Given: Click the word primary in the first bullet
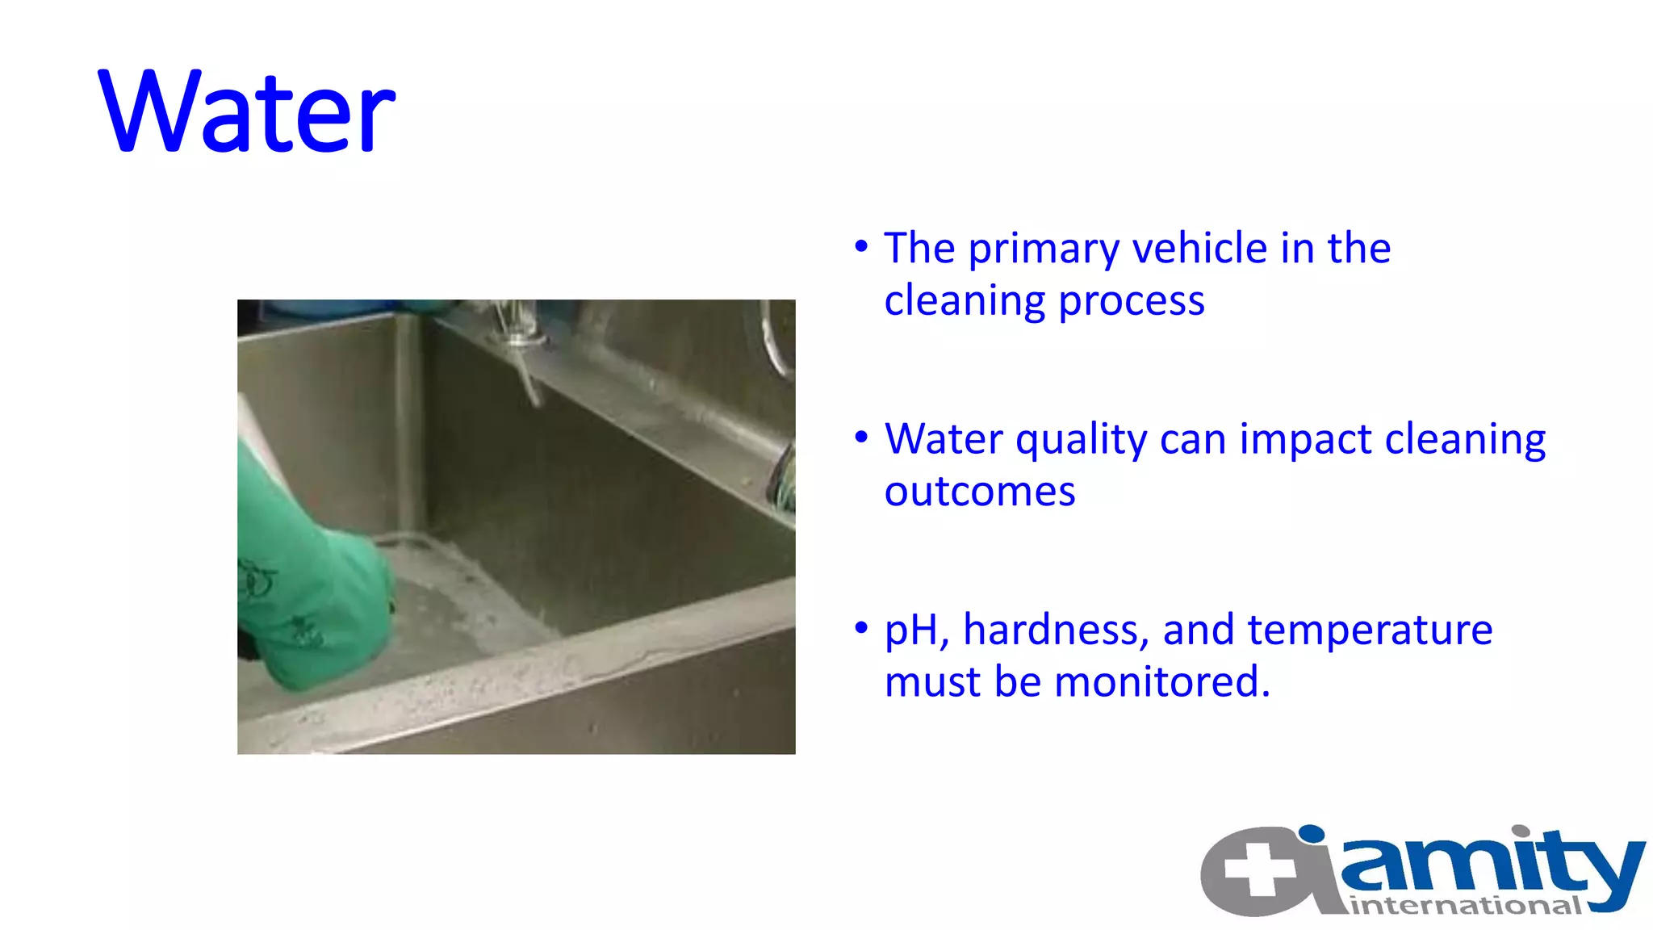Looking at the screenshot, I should (x=1043, y=249).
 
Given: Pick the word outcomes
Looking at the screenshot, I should (x=979, y=492).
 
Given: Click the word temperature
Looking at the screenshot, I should (x=1370, y=630).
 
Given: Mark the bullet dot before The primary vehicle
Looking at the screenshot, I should (x=861, y=245).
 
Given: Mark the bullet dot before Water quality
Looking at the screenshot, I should (x=861, y=437).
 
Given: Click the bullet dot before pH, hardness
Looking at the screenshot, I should (x=861, y=627).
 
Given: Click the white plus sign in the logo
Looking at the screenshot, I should (x=1259, y=869).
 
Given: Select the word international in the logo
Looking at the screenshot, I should (x=1465, y=906).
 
